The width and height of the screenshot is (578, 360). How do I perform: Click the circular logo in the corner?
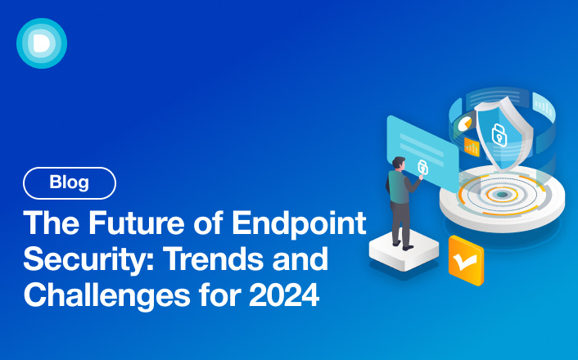(42, 43)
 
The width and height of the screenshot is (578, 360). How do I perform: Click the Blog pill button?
(70, 183)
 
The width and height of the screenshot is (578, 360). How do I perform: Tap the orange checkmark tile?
(465, 260)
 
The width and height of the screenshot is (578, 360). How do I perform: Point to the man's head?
(397, 164)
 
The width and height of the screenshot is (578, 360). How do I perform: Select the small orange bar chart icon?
(472, 146)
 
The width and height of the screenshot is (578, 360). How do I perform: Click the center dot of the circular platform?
(501, 196)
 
